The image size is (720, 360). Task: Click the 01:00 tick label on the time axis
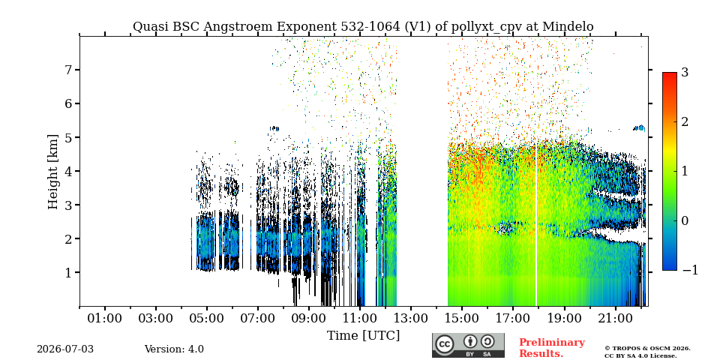pos(105,318)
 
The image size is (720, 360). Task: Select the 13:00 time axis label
pos(410,318)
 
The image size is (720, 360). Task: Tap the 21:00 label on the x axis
pos(614,318)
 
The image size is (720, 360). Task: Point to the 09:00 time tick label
pos(308,318)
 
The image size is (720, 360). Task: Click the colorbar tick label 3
pos(685,72)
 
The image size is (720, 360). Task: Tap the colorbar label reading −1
pos(690,270)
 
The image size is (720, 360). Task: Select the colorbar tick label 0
pos(685,220)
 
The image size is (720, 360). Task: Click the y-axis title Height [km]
pos(53,172)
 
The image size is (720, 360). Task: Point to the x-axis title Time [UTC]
pos(363,336)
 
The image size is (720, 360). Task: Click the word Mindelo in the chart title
pos(568,27)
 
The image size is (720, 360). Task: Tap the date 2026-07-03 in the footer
pos(65,349)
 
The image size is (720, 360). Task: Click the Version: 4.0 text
pos(174,349)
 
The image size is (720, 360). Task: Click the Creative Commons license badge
pos(468,345)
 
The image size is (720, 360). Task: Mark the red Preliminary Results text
pos(552,348)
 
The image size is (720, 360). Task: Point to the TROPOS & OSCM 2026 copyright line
pos(647,349)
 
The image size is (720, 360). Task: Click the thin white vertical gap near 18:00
pos(535,225)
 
